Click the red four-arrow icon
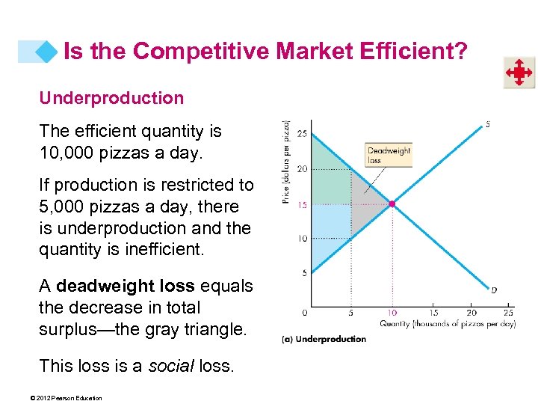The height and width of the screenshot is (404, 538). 518,73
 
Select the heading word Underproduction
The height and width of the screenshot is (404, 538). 111,98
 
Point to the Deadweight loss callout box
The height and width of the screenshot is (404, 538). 389,155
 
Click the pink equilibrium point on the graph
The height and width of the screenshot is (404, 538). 392,203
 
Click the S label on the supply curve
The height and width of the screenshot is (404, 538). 488,125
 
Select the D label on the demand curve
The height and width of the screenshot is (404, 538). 494,290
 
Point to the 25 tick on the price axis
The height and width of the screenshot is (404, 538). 301,134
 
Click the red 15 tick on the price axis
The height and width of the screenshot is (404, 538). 301,203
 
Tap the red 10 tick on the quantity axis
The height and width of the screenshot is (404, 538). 392,313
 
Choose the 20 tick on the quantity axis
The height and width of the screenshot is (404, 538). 471,313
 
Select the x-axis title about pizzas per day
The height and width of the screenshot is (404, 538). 447,324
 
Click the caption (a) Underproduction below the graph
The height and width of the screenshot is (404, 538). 324,339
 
